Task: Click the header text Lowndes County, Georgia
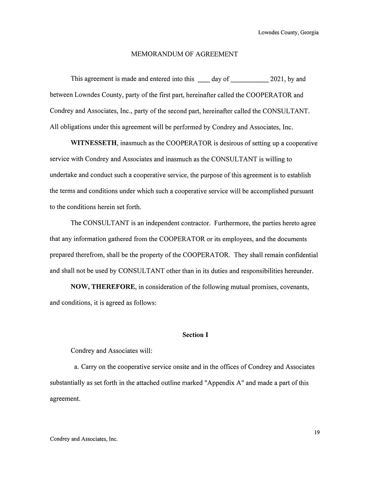(x=288, y=33)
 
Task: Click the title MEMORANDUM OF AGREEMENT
(x=184, y=54)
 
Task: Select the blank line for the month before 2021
(x=250, y=81)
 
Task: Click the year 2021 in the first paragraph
(x=277, y=79)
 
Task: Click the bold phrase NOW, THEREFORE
(x=103, y=287)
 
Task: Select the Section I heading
(x=195, y=335)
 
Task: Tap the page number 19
(x=317, y=433)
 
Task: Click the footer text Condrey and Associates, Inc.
(x=84, y=439)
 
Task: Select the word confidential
(x=302, y=255)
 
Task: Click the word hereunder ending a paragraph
(x=299, y=271)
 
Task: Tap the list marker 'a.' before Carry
(x=76, y=367)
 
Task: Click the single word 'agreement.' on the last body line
(x=65, y=399)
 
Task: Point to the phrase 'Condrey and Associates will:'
(x=111, y=351)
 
